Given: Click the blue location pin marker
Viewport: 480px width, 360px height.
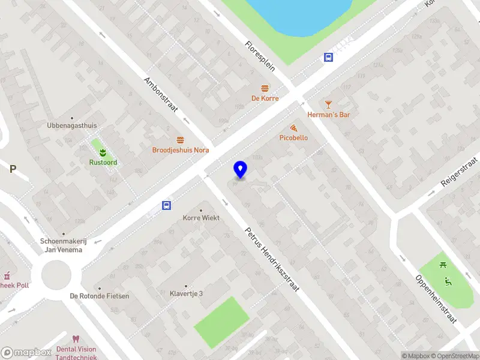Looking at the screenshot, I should click(241, 170).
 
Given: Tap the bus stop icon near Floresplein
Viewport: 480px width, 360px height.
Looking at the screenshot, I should click(329, 58).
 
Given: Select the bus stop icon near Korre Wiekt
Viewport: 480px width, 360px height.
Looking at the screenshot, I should click(166, 206).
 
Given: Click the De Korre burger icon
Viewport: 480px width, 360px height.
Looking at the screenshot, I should click(265, 88).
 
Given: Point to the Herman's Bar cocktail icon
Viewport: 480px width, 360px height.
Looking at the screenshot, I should click(328, 104).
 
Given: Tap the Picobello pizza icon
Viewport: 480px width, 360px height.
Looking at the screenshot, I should click(293, 128).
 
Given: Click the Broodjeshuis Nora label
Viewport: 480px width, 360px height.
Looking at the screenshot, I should click(180, 150).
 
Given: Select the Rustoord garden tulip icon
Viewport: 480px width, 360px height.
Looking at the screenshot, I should click(103, 151).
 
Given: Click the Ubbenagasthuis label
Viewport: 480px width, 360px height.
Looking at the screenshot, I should click(72, 126).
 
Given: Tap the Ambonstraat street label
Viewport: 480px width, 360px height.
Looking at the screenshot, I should click(161, 94).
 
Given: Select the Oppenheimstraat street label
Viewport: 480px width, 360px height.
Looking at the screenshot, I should click(436, 299).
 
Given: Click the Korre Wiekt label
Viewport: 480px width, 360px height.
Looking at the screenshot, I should click(201, 218).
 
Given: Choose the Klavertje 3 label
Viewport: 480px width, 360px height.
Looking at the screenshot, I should click(186, 293).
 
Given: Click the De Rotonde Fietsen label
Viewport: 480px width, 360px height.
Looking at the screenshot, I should click(100, 296).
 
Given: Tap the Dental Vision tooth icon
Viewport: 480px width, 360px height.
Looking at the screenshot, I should click(76, 340).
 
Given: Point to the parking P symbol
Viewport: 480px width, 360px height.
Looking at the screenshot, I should click(12, 169).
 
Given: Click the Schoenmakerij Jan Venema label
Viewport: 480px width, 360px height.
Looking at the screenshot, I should click(64, 245).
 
